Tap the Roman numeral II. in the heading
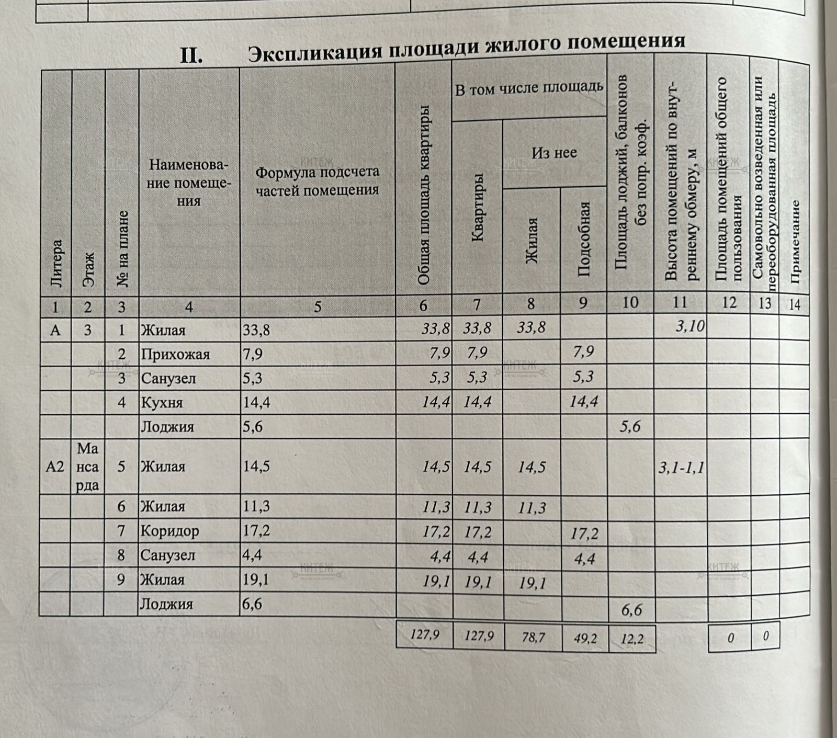click(x=191, y=55)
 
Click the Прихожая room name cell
click(x=175, y=355)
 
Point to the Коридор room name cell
click(x=169, y=531)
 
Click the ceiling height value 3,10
click(x=690, y=327)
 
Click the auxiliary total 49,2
click(x=585, y=638)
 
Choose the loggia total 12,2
click(x=632, y=638)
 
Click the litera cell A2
click(x=55, y=467)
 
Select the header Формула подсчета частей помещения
click(x=317, y=181)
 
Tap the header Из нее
click(x=554, y=153)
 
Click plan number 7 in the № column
click(x=121, y=531)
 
